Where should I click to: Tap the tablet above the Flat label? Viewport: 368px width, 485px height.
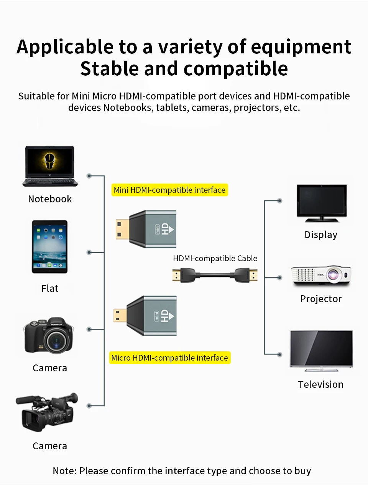(49, 247)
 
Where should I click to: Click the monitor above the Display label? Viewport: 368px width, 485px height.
(322, 203)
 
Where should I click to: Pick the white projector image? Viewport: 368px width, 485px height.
(321, 276)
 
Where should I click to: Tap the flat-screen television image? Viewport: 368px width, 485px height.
(321, 350)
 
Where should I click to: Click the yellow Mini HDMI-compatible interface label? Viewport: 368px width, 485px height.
(169, 190)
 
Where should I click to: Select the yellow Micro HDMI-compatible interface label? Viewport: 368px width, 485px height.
(169, 358)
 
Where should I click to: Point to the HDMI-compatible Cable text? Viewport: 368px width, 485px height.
(215, 258)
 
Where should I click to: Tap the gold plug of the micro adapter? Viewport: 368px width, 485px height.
(120, 316)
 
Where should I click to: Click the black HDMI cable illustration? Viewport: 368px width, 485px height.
(215, 275)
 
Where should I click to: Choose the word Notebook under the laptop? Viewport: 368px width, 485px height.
(50, 199)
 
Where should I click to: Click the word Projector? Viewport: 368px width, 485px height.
(321, 299)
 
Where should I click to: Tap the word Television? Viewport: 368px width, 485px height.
(321, 384)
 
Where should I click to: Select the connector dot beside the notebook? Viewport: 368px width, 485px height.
(89, 176)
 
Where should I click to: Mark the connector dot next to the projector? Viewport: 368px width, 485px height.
(280, 277)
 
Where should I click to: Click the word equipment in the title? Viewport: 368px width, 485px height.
(301, 47)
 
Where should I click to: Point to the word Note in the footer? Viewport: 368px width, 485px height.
(64, 471)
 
